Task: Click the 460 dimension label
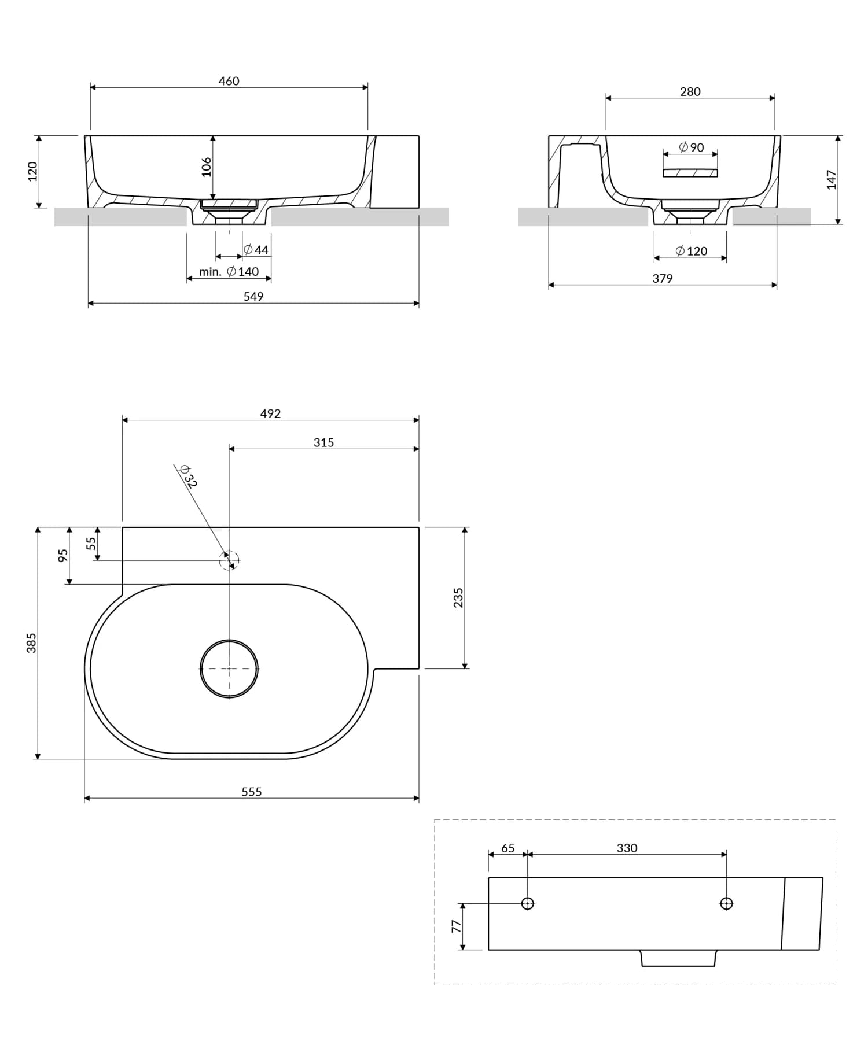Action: pyautogui.click(x=229, y=81)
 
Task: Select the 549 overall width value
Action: pyautogui.click(x=253, y=297)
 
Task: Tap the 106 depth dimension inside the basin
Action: pyautogui.click(x=207, y=167)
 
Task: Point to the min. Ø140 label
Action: pyautogui.click(x=229, y=272)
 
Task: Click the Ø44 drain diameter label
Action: pyautogui.click(x=256, y=250)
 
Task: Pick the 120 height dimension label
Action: pyautogui.click(x=32, y=172)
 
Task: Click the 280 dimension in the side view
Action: pyautogui.click(x=690, y=91)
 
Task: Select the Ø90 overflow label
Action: pyautogui.click(x=692, y=147)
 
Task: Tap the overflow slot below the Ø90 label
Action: pyautogui.click(x=690, y=173)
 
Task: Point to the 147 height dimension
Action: pyautogui.click(x=832, y=179)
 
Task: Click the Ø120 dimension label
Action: pyautogui.click(x=692, y=251)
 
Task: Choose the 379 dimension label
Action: pyautogui.click(x=662, y=278)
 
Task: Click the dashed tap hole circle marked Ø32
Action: pyautogui.click(x=229, y=560)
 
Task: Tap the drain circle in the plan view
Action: pyautogui.click(x=229, y=668)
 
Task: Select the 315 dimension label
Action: pyautogui.click(x=323, y=442)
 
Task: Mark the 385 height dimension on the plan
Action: pyautogui.click(x=31, y=642)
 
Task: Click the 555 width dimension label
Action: pyautogui.click(x=251, y=792)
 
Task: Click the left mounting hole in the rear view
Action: pyautogui.click(x=527, y=903)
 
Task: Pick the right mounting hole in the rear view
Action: pyautogui.click(x=726, y=903)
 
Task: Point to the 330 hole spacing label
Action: pyautogui.click(x=627, y=848)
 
